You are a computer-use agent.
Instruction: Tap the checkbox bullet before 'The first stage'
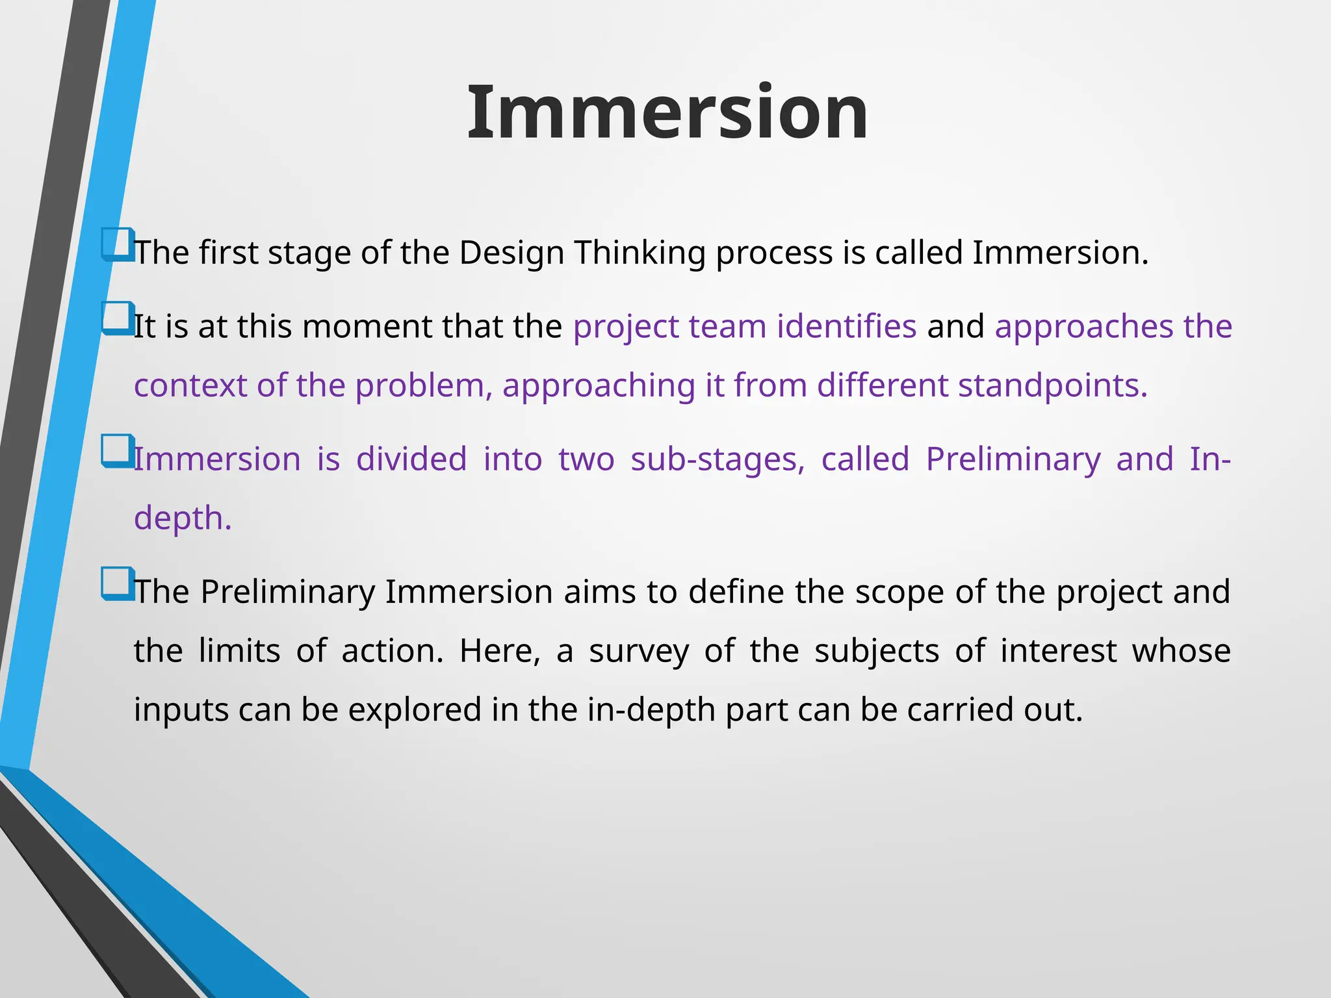click(118, 244)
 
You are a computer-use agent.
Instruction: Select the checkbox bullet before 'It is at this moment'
click(118, 318)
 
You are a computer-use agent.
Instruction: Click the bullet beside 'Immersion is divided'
click(118, 451)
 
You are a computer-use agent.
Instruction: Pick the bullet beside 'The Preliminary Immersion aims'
click(118, 583)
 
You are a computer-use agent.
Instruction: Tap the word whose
click(1181, 651)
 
